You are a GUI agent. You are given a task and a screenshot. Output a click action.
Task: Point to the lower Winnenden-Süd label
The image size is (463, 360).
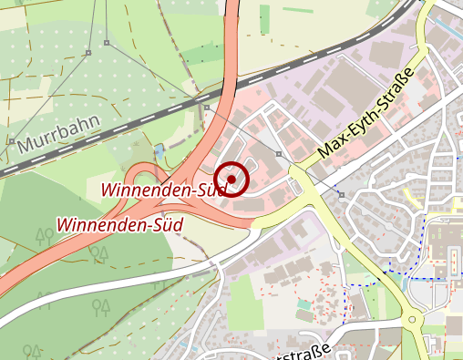click(x=119, y=223)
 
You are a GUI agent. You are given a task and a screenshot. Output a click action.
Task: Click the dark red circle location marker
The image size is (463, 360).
click(x=232, y=179)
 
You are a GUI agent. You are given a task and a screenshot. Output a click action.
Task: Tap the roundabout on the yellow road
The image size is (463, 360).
click(x=415, y=319)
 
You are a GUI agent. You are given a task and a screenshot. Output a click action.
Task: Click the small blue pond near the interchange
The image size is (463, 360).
click(x=161, y=149)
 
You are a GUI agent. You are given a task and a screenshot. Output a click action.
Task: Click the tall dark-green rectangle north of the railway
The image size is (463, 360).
click(x=264, y=18)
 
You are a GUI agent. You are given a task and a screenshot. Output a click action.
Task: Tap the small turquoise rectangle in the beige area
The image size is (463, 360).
click(x=304, y=303)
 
